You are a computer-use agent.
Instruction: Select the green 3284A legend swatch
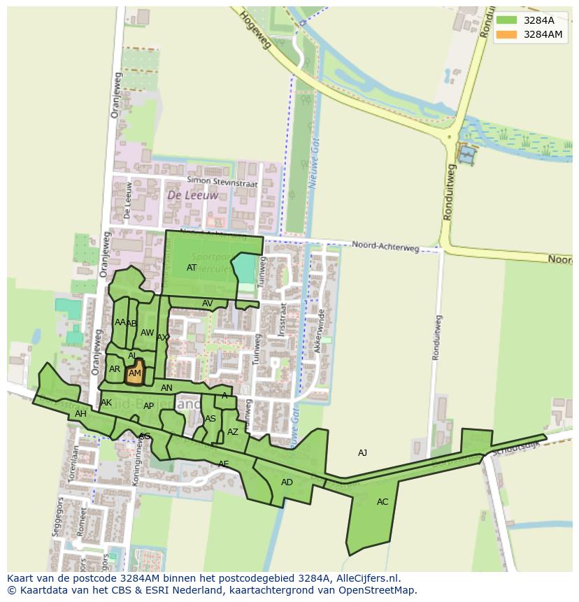point(507,20)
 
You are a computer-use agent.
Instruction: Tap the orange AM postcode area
point(135,373)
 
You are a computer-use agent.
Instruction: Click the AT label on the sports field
point(192,268)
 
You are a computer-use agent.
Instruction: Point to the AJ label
point(362,453)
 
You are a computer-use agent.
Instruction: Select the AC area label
point(383,502)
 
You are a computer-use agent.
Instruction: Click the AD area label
point(287,482)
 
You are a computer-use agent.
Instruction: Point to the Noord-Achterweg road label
point(385,245)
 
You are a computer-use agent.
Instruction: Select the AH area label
point(80,414)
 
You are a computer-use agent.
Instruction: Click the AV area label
point(207,303)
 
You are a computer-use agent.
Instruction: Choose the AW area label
point(147,333)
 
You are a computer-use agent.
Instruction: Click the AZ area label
point(233,432)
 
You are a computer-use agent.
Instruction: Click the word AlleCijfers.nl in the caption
point(368,578)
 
